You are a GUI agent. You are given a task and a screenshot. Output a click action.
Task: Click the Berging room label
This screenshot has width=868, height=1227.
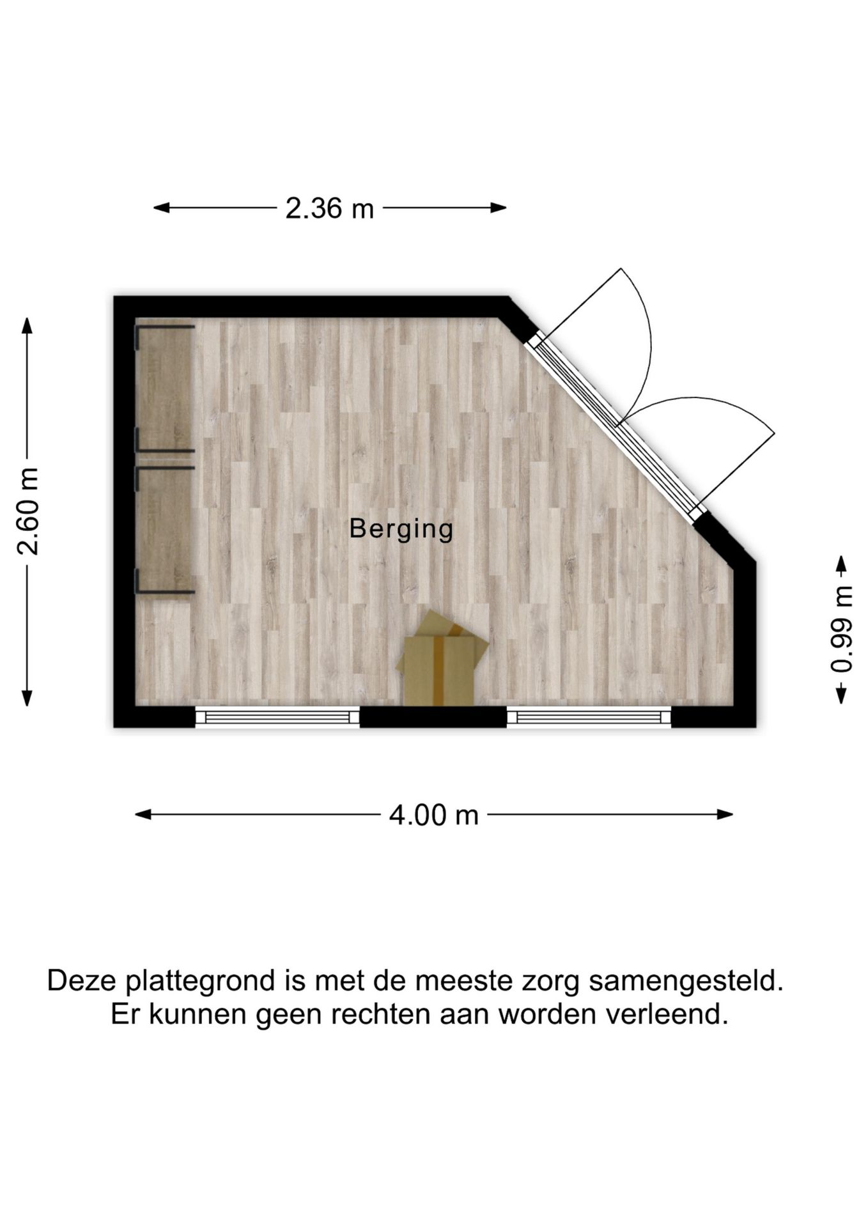pyautogui.click(x=401, y=529)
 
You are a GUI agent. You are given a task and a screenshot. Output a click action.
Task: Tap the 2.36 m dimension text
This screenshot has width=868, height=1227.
pyautogui.click(x=329, y=208)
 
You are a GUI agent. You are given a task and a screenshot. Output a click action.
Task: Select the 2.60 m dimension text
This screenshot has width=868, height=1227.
pyautogui.click(x=29, y=511)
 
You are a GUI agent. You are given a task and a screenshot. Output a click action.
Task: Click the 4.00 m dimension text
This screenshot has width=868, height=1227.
pyautogui.click(x=433, y=815)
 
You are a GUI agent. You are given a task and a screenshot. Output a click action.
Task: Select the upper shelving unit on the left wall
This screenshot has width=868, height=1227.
pyautogui.click(x=164, y=388)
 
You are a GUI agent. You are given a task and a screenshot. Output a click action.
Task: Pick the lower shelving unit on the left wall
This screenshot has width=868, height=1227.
pyautogui.click(x=164, y=530)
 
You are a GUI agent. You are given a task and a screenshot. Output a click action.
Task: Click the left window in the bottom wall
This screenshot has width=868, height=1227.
pyautogui.click(x=277, y=717)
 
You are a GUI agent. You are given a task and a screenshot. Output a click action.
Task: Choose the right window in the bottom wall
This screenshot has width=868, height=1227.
pyautogui.click(x=589, y=717)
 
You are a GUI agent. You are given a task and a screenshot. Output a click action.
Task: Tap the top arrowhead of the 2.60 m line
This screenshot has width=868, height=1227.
pyautogui.click(x=27, y=325)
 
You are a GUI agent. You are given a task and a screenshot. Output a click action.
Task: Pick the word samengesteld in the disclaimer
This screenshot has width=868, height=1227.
pyautogui.click(x=686, y=980)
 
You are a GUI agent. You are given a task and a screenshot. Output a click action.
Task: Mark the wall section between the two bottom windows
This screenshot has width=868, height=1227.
pyautogui.click(x=433, y=717)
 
